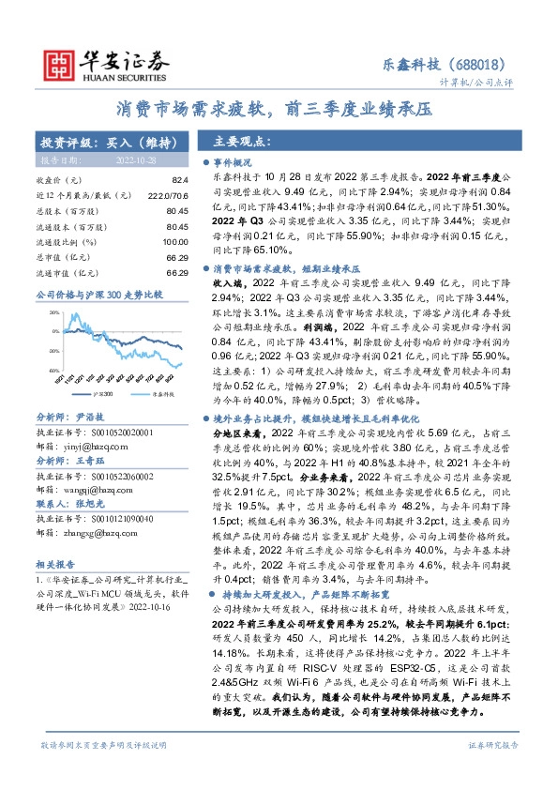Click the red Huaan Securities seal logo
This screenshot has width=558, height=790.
click(60, 63)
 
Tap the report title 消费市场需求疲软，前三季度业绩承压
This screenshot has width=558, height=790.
click(279, 109)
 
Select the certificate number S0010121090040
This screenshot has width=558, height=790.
click(112, 519)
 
